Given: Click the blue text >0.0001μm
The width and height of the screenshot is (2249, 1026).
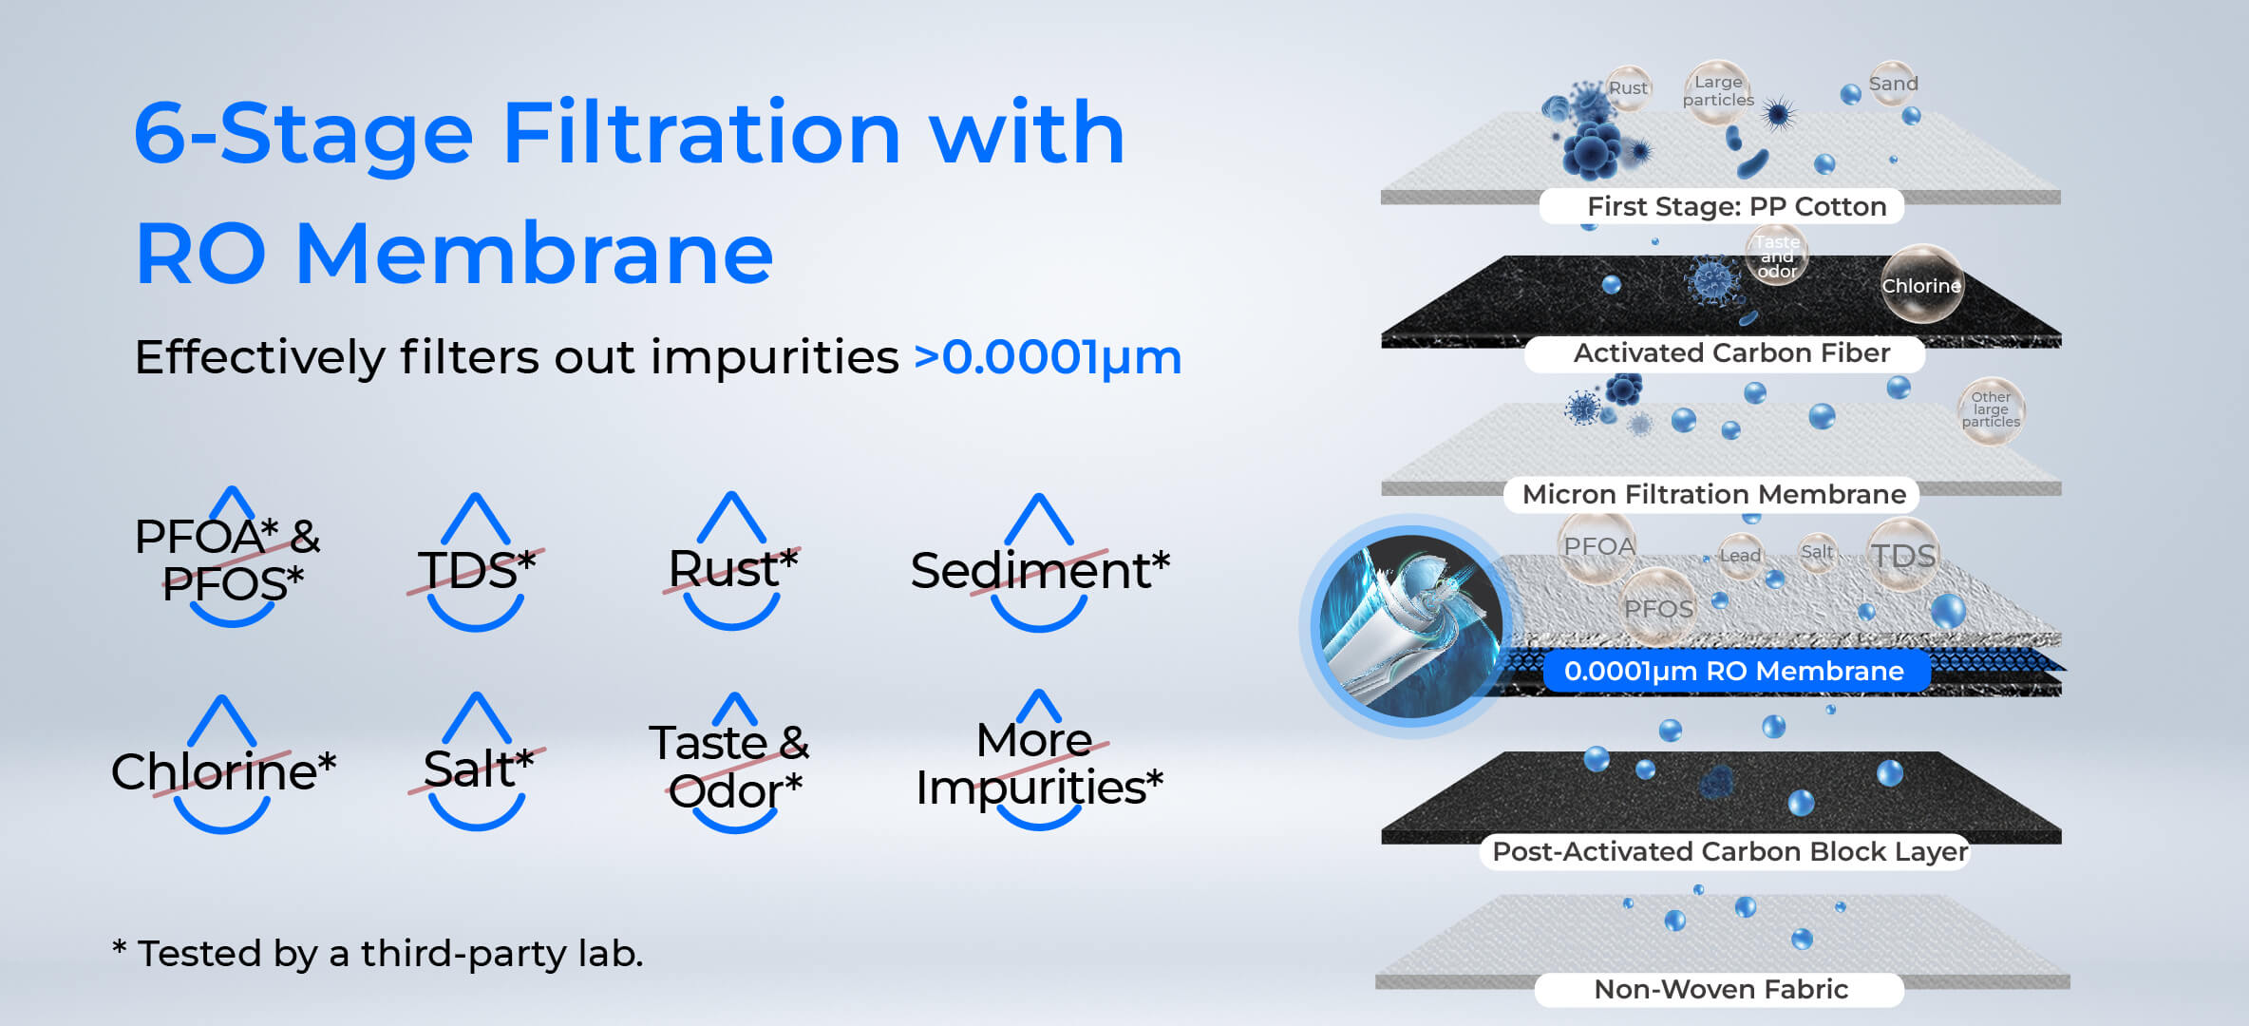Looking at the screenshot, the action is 1048,358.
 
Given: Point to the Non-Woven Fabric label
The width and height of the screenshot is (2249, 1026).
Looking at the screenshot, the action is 1720,989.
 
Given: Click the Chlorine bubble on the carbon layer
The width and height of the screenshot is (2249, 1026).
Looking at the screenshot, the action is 1921,285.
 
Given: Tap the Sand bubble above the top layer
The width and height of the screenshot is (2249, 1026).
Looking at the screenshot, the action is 1893,84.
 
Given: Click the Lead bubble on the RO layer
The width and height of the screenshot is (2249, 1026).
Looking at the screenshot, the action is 1741,556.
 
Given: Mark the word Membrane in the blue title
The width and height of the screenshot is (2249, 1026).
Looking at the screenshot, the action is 535,254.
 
